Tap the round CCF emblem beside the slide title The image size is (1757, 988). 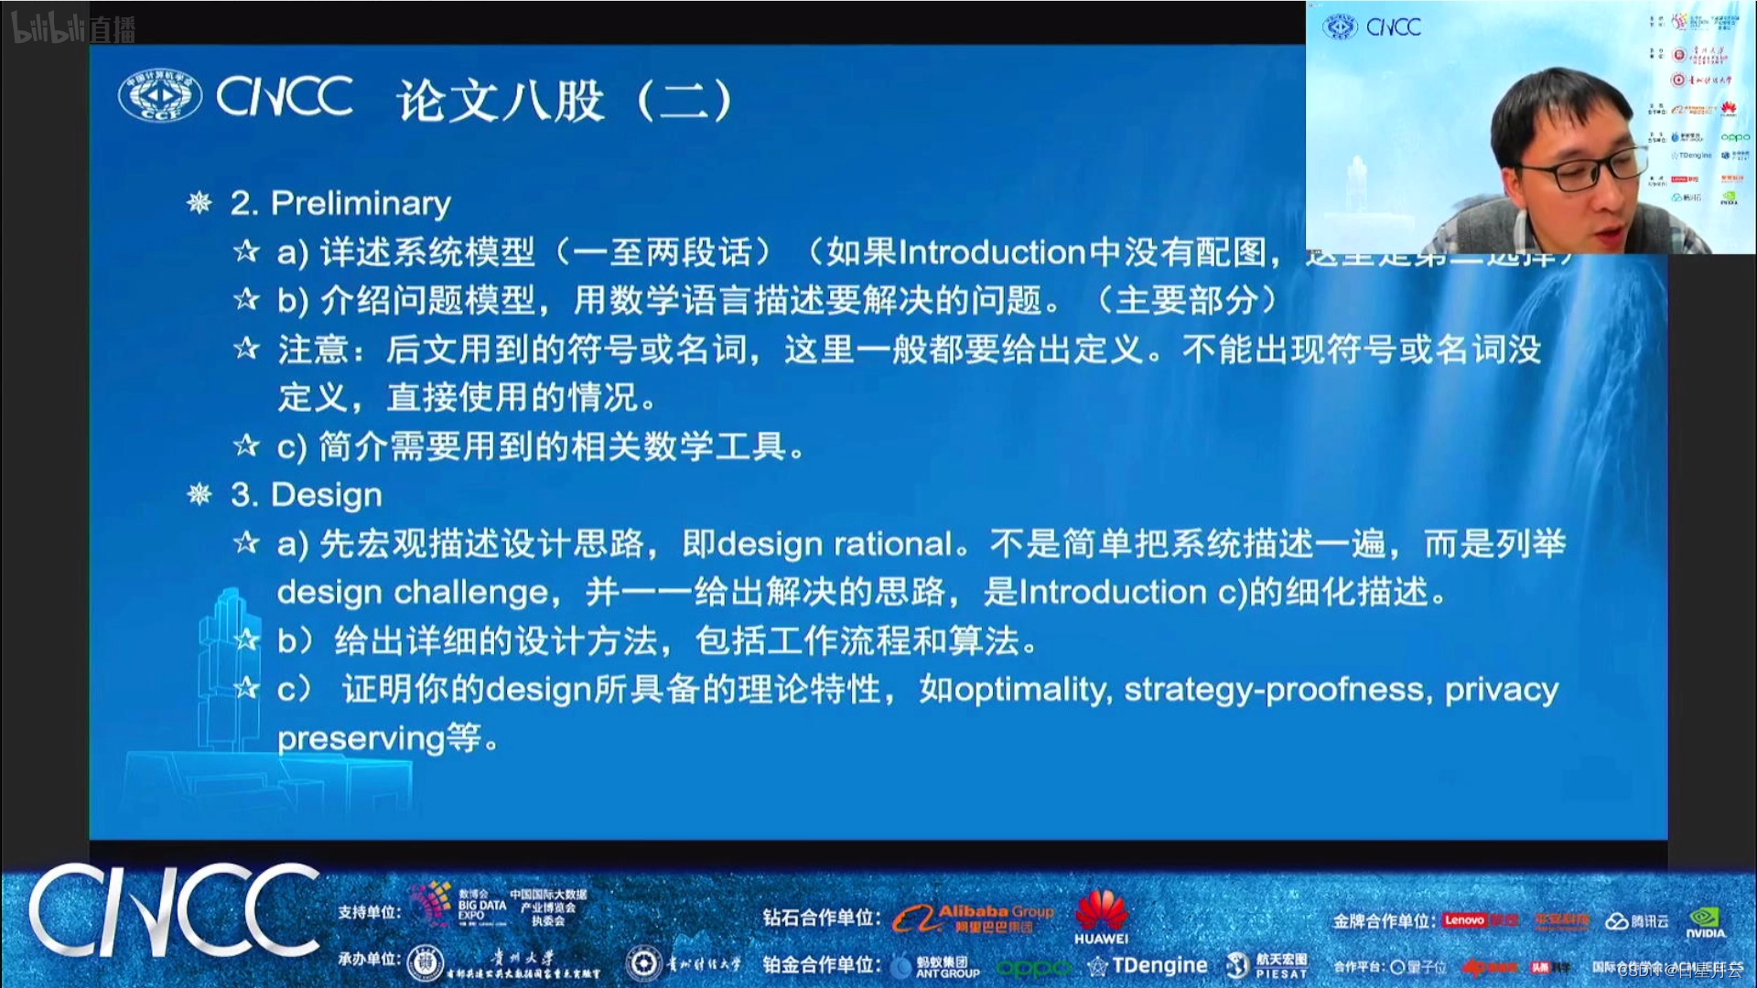pyautogui.click(x=160, y=95)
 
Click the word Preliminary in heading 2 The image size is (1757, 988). pyautogui.click(x=361, y=203)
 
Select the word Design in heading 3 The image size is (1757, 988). pyautogui.click(x=327, y=495)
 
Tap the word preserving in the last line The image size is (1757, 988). pyautogui.click(x=361, y=738)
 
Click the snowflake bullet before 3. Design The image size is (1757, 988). pyautogui.click(x=199, y=495)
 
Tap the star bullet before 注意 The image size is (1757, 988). pyautogui.click(x=246, y=349)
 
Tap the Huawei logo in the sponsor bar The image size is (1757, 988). pyautogui.click(x=1101, y=915)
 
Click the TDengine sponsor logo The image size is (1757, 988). pyautogui.click(x=1148, y=965)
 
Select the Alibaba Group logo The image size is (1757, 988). pyautogui.click(x=975, y=917)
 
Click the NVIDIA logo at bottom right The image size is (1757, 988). pyautogui.click(x=1705, y=921)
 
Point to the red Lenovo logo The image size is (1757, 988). pyautogui.click(x=1464, y=920)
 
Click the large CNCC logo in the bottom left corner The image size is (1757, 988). pyautogui.click(x=174, y=911)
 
